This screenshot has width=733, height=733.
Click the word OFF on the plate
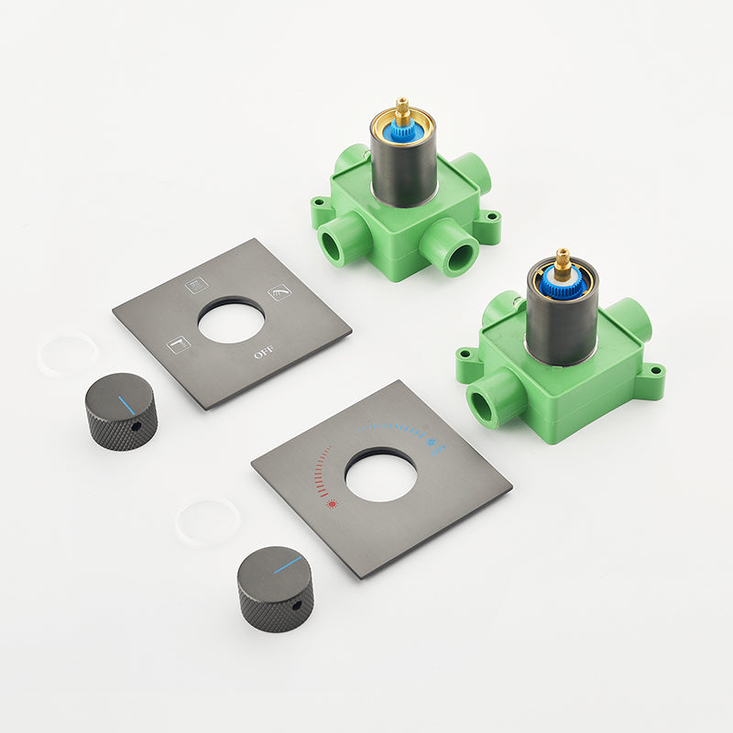[x=264, y=352]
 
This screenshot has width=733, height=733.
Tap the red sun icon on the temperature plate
[x=333, y=504]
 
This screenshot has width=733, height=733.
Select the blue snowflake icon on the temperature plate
[x=431, y=442]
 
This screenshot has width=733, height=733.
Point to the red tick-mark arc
[x=321, y=470]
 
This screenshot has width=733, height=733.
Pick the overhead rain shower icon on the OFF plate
[x=196, y=285]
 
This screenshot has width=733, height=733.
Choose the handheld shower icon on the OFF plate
[x=279, y=292]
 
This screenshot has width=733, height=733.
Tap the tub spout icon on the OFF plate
[x=179, y=345]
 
